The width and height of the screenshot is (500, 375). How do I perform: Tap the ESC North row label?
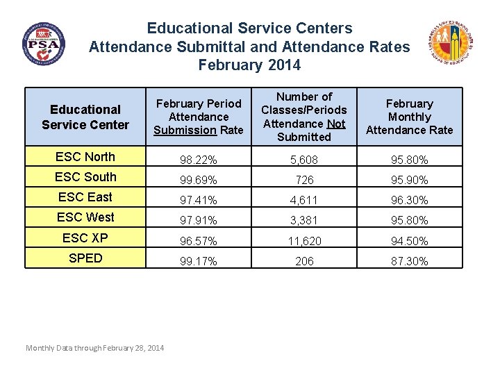click(85, 157)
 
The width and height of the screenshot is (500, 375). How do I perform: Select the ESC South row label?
click(85, 177)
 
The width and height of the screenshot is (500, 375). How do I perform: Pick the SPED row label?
click(85, 258)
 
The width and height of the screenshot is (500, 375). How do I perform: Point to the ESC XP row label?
click(85, 237)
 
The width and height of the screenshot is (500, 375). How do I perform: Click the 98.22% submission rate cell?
click(199, 160)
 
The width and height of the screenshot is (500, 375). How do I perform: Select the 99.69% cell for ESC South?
click(199, 181)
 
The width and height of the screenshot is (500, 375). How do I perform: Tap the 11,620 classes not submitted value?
click(304, 242)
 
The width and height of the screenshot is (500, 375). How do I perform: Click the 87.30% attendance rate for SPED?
click(409, 262)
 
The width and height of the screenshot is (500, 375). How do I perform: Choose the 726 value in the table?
click(304, 181)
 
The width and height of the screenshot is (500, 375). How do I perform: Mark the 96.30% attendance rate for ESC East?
click(409, 201)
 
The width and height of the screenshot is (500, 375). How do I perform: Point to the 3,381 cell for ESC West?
click(304, 221)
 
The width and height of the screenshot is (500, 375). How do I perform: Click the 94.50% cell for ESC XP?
click(409, 242)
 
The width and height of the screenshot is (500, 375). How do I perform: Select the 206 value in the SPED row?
click(304, 262)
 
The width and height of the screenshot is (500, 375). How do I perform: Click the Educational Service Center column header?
click(85, 117)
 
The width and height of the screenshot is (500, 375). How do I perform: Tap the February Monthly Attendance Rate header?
click(409, 117)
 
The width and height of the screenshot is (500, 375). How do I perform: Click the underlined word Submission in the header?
click(185, 130)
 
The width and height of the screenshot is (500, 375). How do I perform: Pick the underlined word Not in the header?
click(336, 124)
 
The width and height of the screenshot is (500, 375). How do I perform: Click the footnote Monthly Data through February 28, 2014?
click(94, 348)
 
